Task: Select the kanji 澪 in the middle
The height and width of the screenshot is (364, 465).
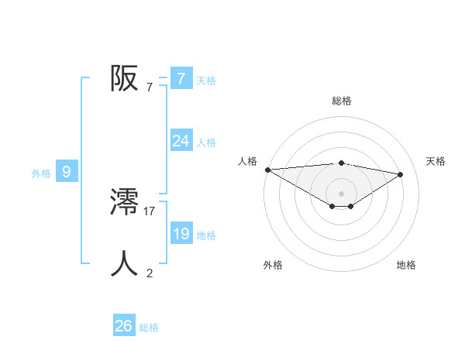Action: pos(124,203)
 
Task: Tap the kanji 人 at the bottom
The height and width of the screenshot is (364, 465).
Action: pos(124,264)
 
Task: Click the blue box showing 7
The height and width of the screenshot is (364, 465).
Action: pos(181,78)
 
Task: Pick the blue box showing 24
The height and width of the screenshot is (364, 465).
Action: pos(181,141)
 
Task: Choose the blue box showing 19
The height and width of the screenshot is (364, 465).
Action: pos(181,234)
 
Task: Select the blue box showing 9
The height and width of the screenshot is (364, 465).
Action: pos(67,172)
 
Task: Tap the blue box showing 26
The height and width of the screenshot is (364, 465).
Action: pos(123,326)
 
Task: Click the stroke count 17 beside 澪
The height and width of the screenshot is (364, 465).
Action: pos(150,210)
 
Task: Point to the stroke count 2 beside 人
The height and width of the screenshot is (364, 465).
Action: pos(150,272)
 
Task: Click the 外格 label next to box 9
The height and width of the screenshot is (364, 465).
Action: pos(41,173)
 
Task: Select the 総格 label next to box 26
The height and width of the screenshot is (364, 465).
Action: pos(149,328)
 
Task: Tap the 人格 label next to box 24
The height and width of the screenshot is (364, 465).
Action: pos(206,143)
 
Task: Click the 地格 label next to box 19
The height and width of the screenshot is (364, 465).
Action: pos(206,235)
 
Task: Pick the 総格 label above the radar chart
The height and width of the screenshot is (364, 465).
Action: pos(342,101)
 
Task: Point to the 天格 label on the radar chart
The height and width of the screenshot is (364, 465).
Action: pos(436,161)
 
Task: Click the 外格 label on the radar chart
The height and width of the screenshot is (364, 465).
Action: pos(273,265)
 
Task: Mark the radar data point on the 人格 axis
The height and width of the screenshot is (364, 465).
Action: pos(267,170)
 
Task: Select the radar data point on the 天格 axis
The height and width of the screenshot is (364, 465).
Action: pos(401,174)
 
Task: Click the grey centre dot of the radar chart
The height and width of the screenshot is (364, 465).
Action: pos(341,193)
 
